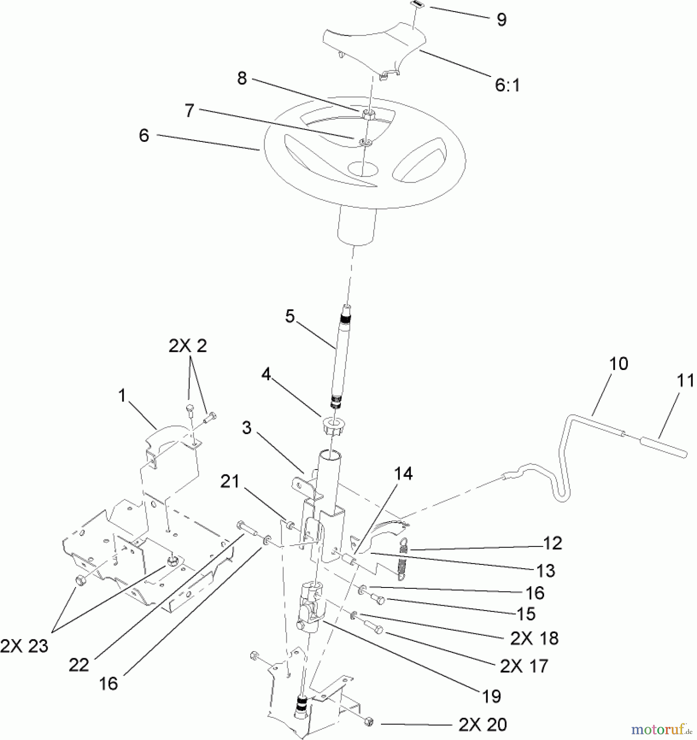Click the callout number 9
[x=501, y=20]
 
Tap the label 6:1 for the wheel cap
[x=507, y=85]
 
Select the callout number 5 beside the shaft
[x=290, y=317]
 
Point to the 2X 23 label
[x=24, y=646]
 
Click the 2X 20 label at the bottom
[x=482, y=725]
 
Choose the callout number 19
[x=491, y=696]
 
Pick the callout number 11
[x=685, y=381]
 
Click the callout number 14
[x=403, y=474]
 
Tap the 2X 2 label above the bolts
[x=187, y=346]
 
